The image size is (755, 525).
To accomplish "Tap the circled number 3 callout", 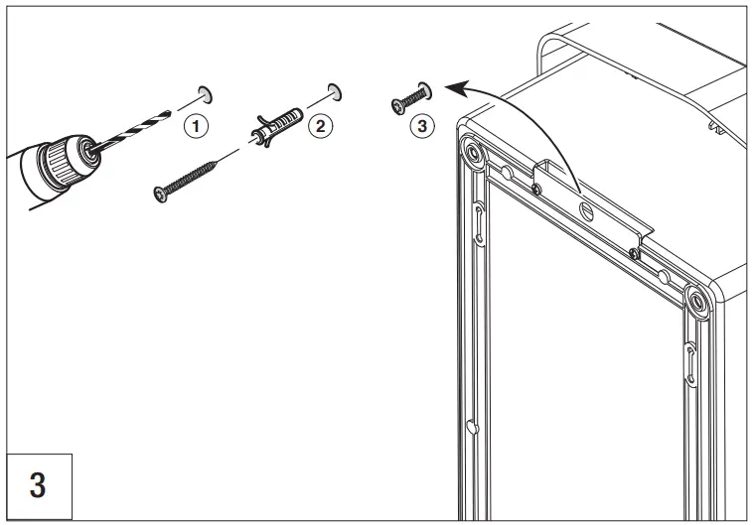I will tap(422, 126).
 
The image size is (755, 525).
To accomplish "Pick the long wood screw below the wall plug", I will tap(195, 180).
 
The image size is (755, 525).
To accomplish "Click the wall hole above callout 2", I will tap(334, 92).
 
